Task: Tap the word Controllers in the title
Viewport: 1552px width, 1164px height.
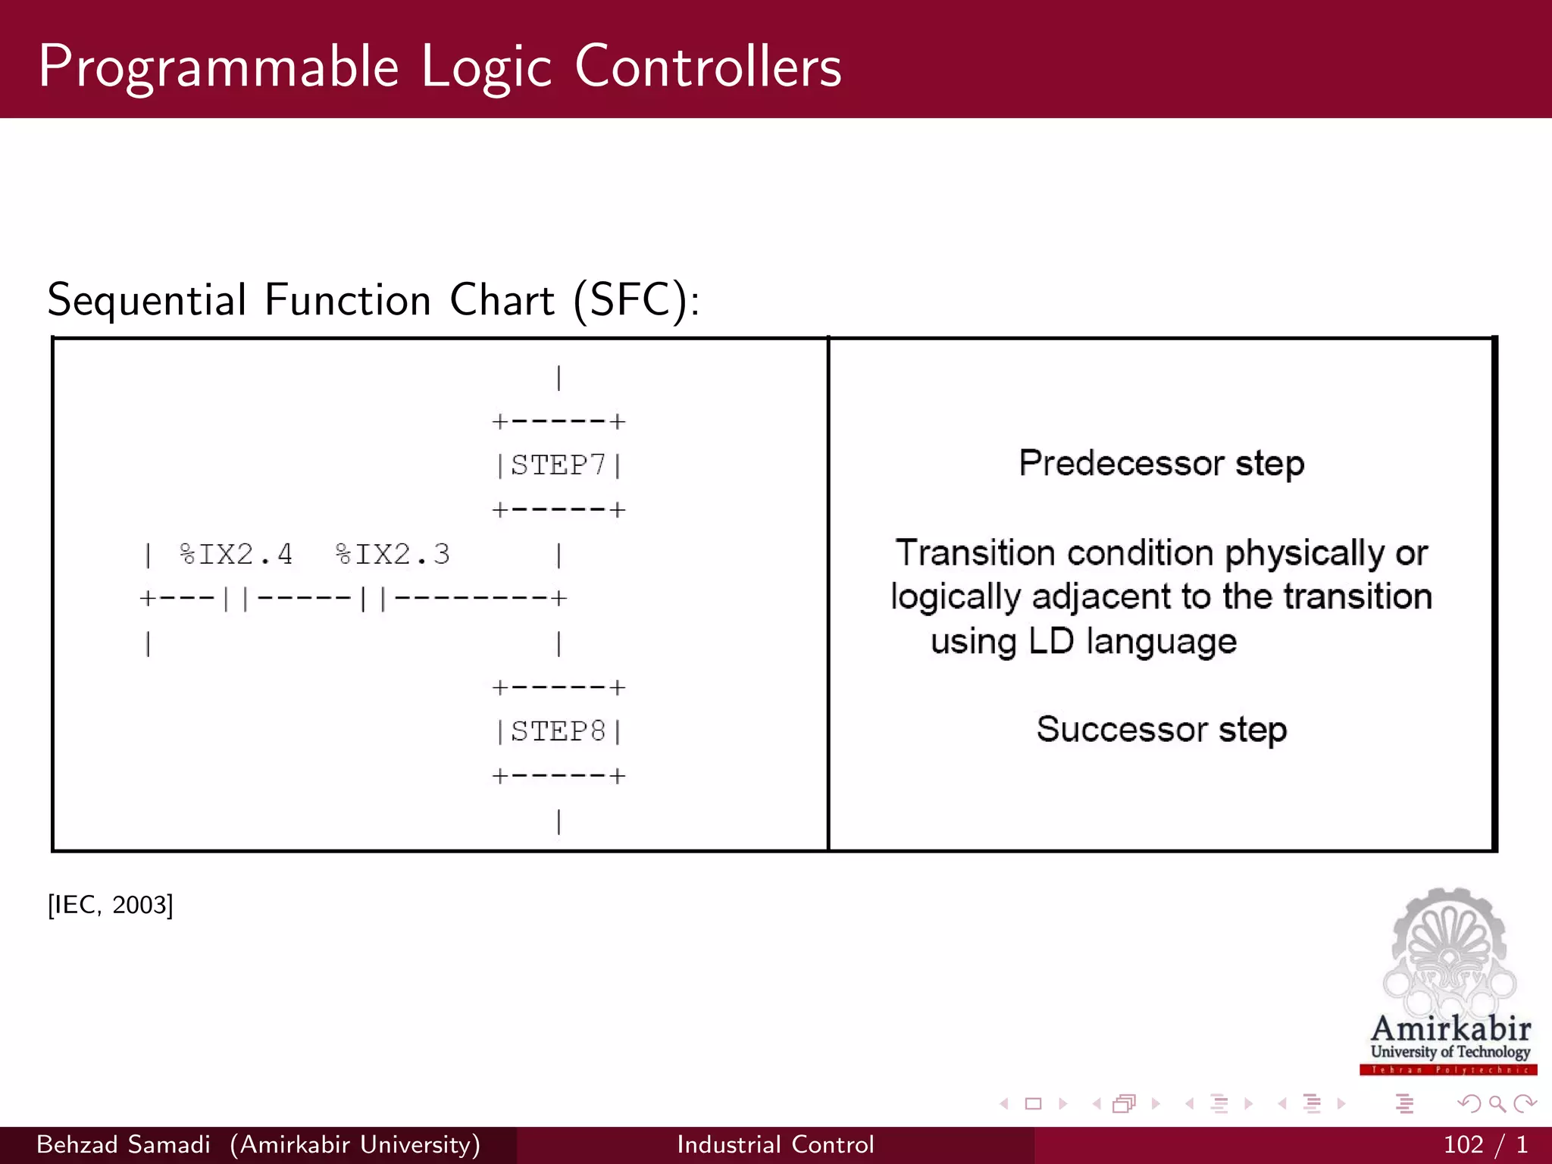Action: pyautogui.click(x=708, y=67)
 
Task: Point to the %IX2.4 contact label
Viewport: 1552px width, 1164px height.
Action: pyautogui.click(x=236, y=555)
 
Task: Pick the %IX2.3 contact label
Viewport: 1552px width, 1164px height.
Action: pyautogui.click(x=393, y=555)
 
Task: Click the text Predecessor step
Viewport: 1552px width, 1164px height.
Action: pyautogui.click(x=1161, y=463)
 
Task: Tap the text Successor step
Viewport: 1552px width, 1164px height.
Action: pyautogui.click(x=1161, y=729)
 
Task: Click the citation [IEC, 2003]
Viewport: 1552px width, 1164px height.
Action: pyautogui.click(x=111, y=905)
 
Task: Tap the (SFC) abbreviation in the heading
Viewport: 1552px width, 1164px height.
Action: pyautogui.click(x=635, y=300)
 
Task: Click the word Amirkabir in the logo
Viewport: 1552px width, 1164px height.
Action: pyautogui.click(x=1450, y=1029)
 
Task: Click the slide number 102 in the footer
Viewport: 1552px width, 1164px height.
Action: pyautogui.click(x=1463, y=1144)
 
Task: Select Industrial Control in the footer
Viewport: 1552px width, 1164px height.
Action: pyautogui.click(x=775, y=1144)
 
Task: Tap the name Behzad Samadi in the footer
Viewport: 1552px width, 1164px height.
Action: pyautogui.click(x=124, y=1144)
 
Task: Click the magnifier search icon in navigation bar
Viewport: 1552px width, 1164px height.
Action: pyautogui.click(x=1497, y=1104)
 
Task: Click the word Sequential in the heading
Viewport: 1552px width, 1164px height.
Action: pyautogui.click(x=147, y=300)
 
